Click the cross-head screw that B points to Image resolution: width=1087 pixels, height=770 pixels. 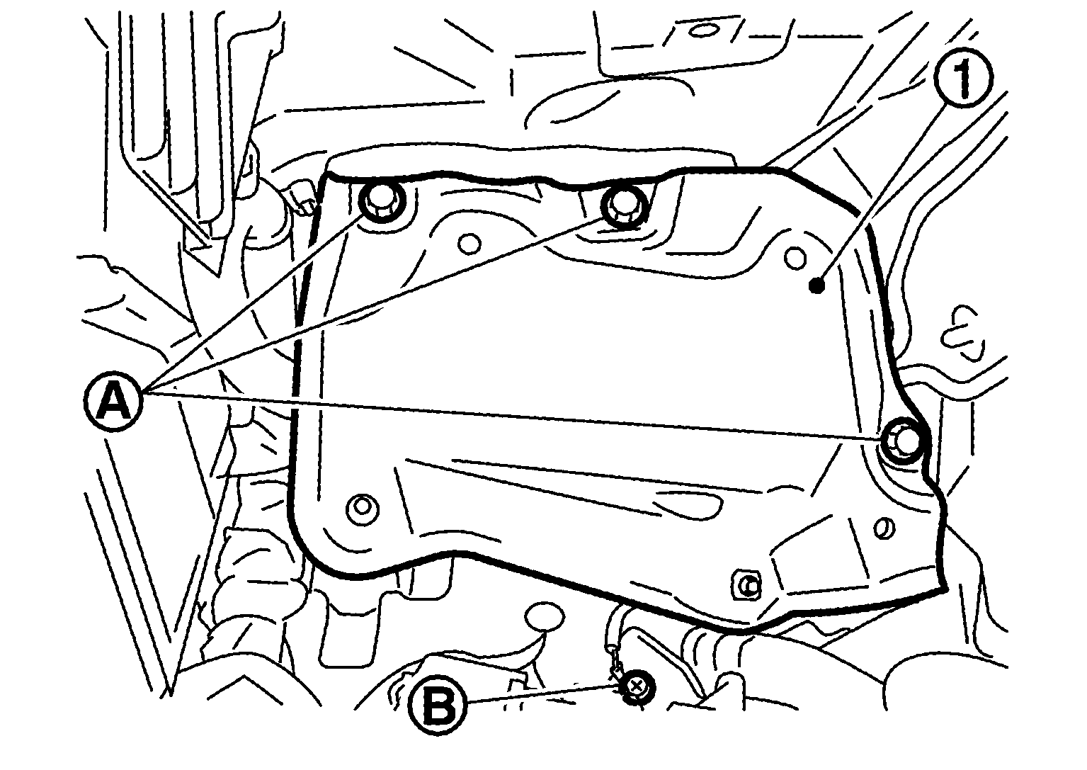(x=636, y=687)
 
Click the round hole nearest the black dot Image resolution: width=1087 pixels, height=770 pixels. (x=795, y=258)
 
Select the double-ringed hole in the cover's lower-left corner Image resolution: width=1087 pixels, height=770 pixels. (x=363, y=507)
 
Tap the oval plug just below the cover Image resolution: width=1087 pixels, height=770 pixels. (x=545, y=616)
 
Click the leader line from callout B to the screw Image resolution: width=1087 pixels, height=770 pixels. (x=544, y=693)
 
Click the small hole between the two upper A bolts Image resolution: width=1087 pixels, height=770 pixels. (x=469, y=243)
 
